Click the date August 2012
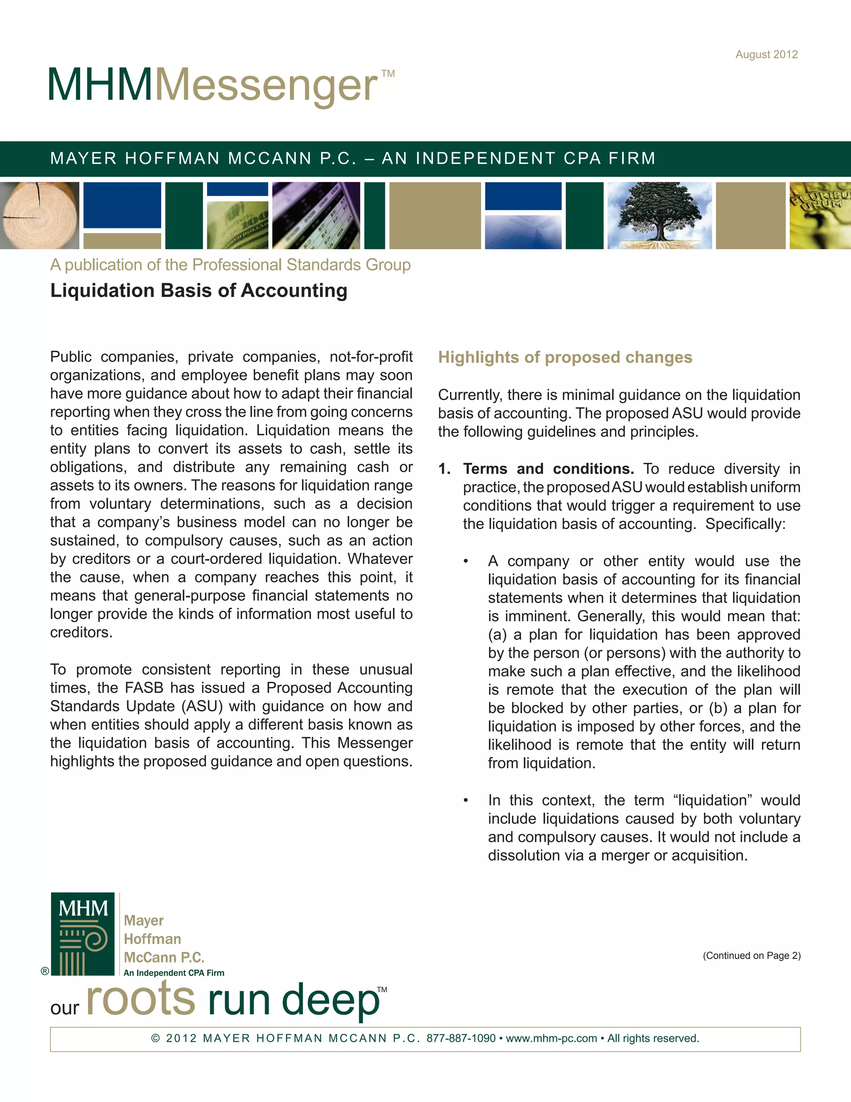click(x=766, y=54)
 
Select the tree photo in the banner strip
click(x=659, y=215)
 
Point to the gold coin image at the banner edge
click(x=820, y=215)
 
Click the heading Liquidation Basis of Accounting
click(x=199, y=291)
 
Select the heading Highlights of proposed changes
click(x=565, y=357)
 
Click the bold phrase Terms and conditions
click(x=548, y=469)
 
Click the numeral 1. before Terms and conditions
click(x=444, y=469)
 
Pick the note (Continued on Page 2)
click(x=751, y=956)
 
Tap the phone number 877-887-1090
click(x=461, y=1038)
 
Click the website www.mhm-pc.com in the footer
click(x=551, y=1038)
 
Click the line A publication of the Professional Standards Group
click(x=230, y=265)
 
